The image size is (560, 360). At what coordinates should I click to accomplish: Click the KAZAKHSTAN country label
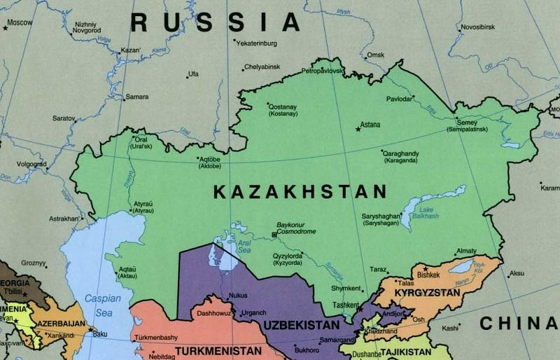pos(300,191)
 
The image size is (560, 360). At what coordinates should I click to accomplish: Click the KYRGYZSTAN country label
pos(427,292)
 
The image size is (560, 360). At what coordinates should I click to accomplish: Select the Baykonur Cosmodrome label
pos(297,228)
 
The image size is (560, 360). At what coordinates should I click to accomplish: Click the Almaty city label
pos(465,251)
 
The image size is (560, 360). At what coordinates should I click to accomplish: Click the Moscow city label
pos(20,22)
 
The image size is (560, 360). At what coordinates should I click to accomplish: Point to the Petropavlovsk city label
pos(323,71)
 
